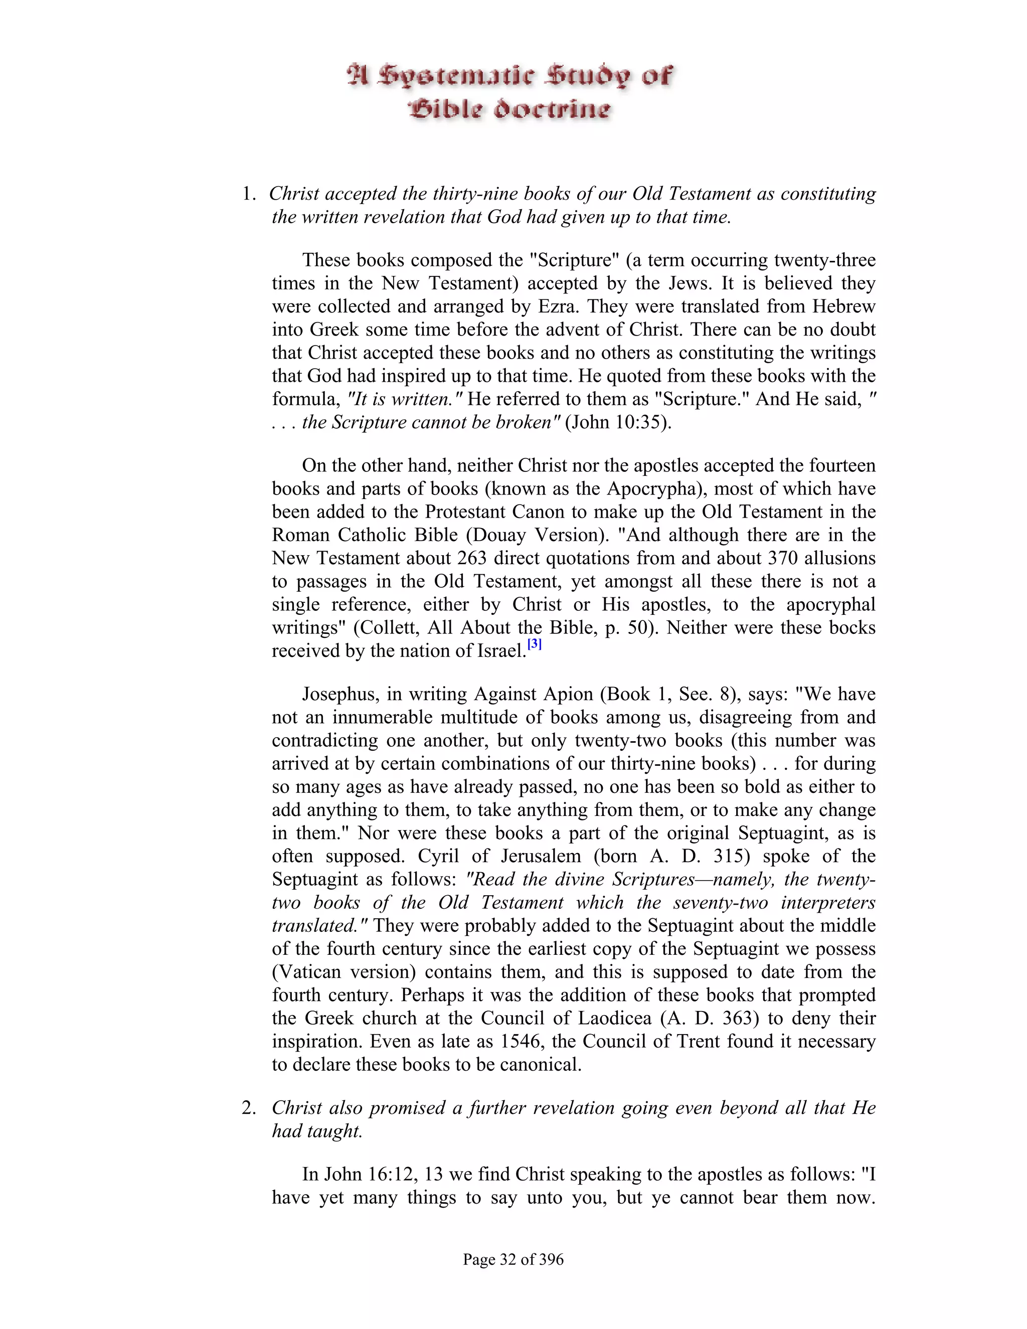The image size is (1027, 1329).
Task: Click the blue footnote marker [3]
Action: [x=534, y=644]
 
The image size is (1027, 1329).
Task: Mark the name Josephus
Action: [x=340, y=694]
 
